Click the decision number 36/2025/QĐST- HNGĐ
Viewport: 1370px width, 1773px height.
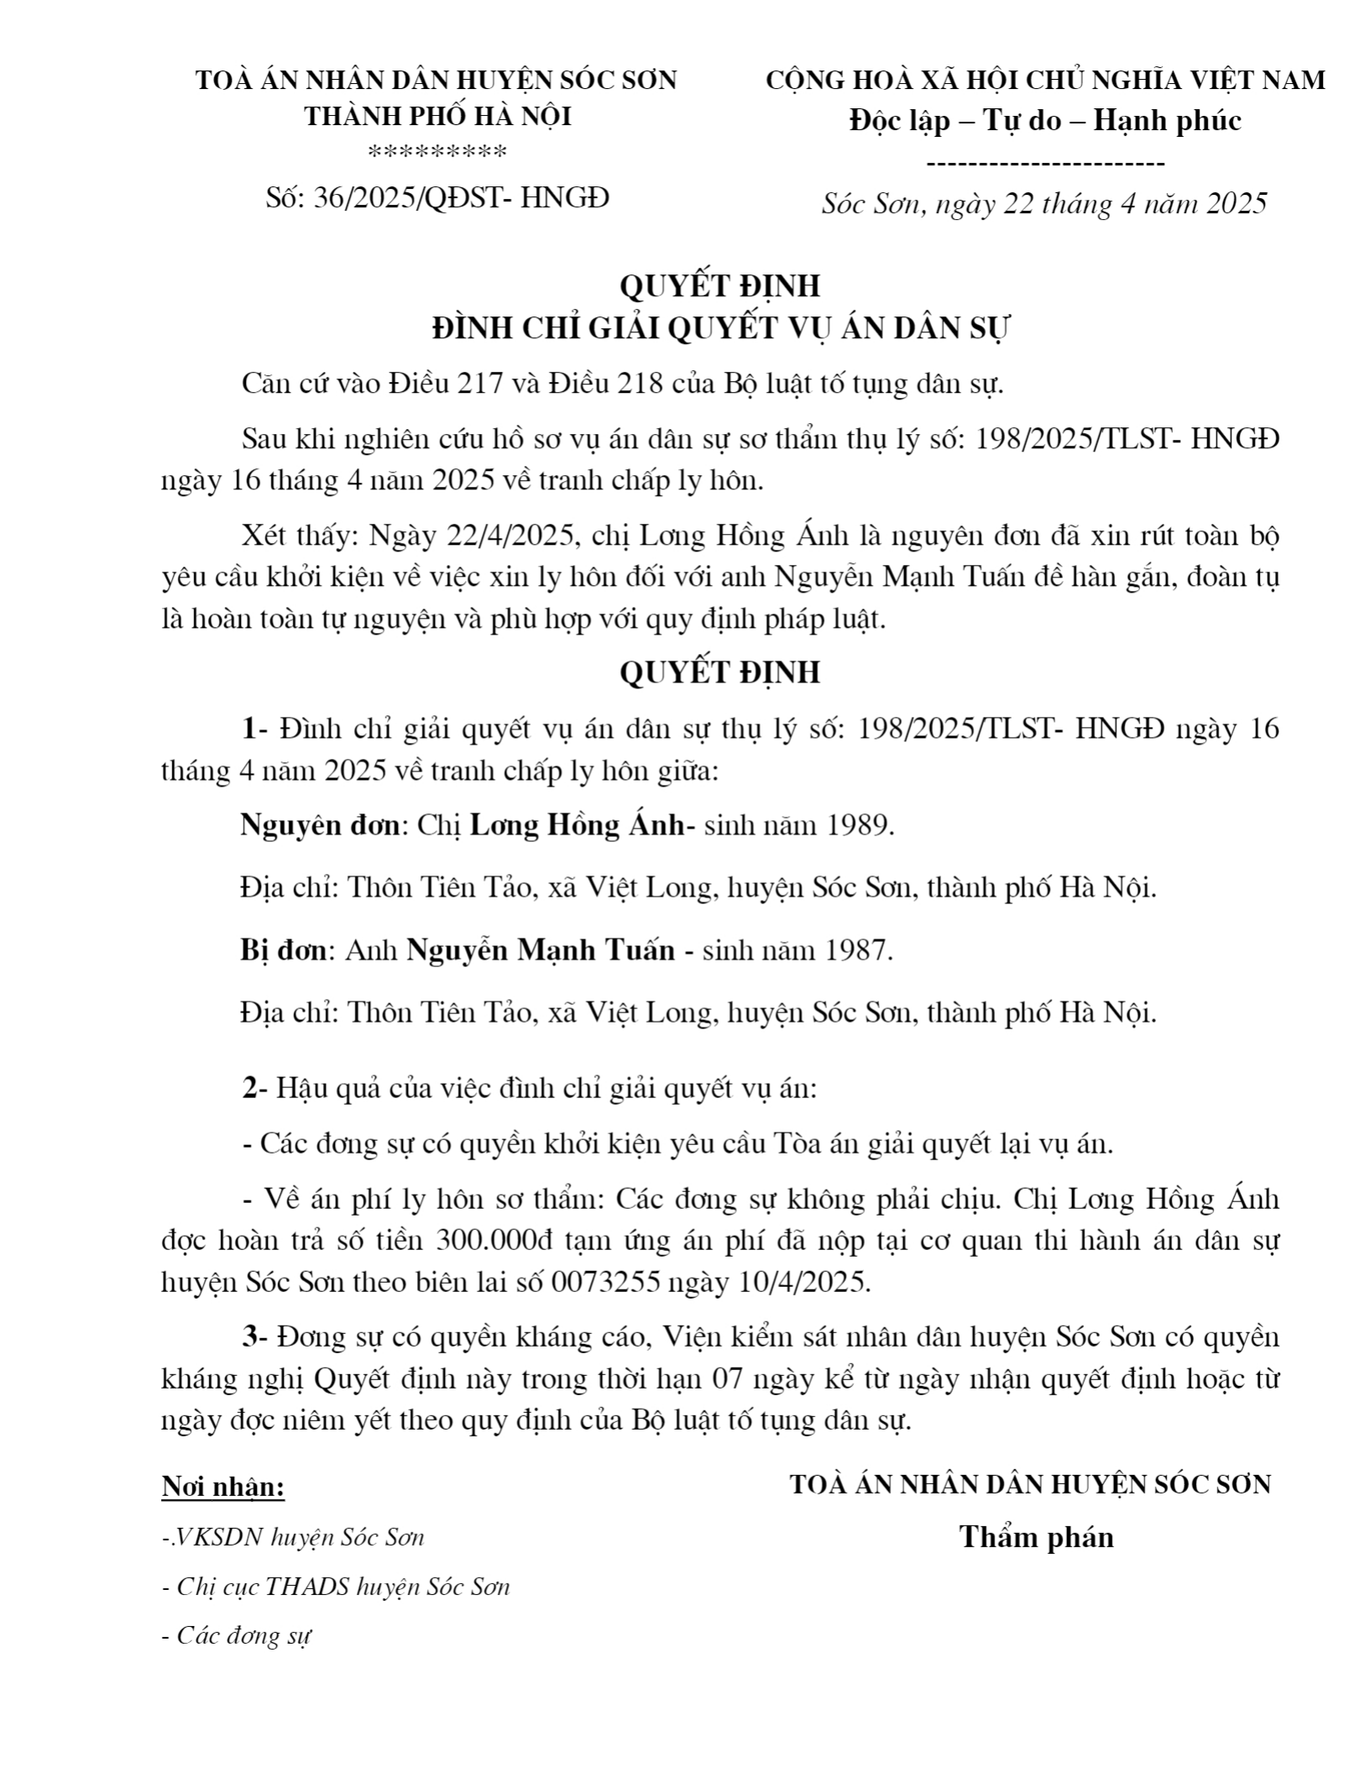point(437,198)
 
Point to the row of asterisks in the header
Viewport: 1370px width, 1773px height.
point(437,153)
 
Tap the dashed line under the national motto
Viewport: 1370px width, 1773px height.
point(1045,164)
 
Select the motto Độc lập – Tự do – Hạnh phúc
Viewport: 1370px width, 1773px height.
point(1045,121)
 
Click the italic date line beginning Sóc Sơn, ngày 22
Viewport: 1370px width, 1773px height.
point(1044,203)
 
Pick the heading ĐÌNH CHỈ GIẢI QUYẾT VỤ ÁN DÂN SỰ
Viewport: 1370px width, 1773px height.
point(719,327)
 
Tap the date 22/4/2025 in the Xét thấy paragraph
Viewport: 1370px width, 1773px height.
point(512,536)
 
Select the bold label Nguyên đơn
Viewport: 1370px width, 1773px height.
point(319,825)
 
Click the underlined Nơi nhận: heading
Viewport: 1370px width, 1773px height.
point(223,1488)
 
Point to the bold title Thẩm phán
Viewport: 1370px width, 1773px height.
point(1037,1536)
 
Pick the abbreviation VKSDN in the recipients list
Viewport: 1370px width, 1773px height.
point(213,1537)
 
